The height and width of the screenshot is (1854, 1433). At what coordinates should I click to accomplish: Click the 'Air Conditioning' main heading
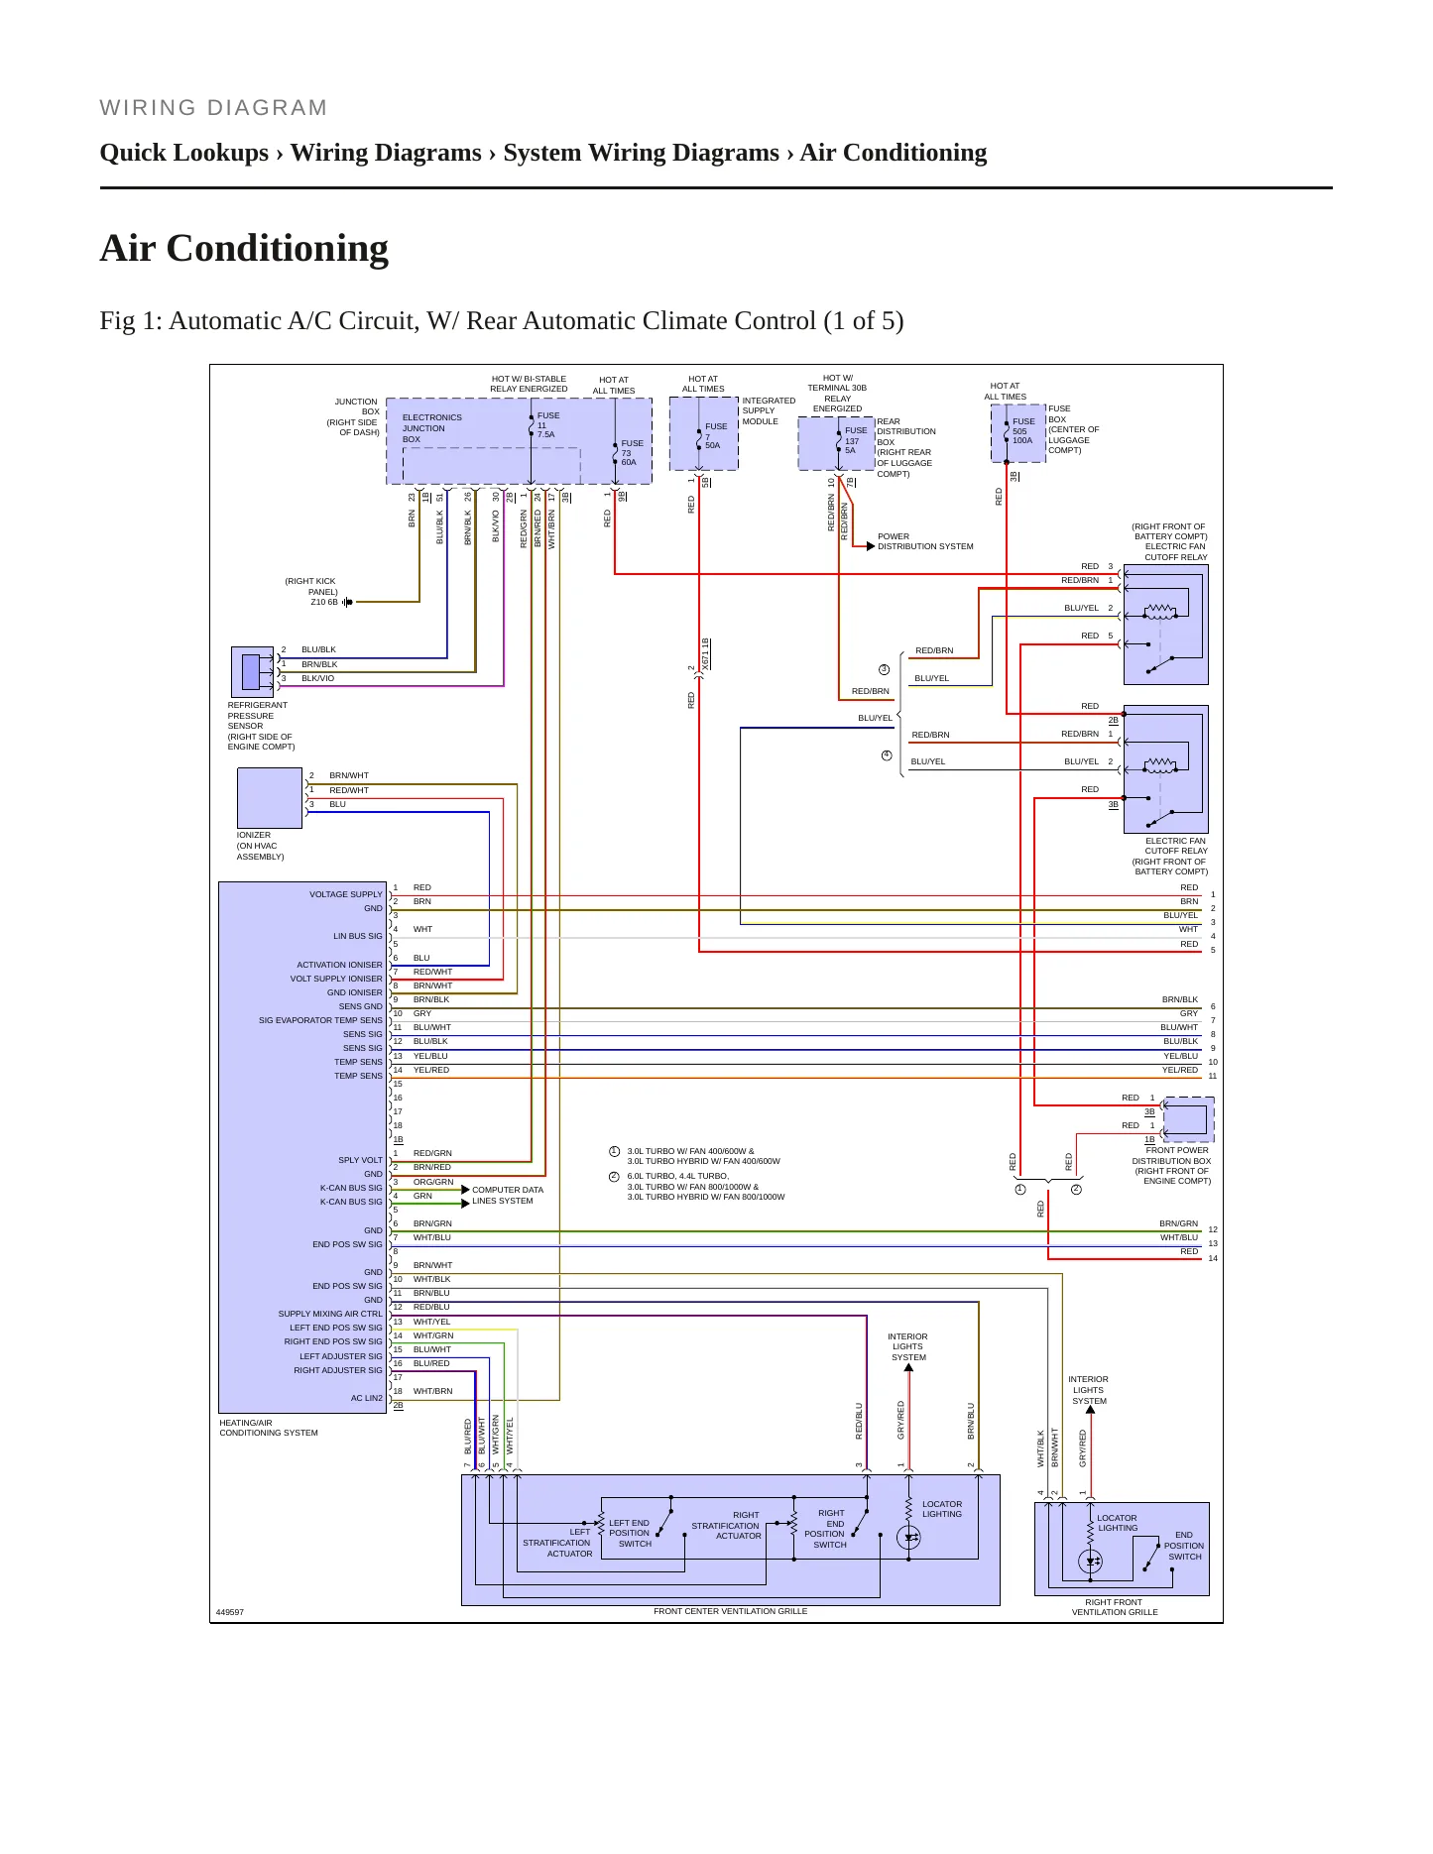pyautogui.click(x=244, y=248)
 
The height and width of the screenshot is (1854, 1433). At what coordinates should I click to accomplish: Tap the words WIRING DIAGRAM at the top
pyautogui.click(x=213, y=108)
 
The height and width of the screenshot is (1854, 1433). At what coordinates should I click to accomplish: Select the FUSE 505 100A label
pyautogui.click(x=1022, y=431)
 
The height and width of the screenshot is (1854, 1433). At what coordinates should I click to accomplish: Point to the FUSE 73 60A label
pyautogui.click(x=632, y=453)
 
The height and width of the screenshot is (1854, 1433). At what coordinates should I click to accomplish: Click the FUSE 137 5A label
pyautogui.click(x=855, y=440)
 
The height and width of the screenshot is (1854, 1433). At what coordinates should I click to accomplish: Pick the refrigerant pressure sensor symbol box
pyautogui.click(x=252, y=671)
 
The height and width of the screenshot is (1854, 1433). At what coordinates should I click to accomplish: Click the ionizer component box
pyautogui.click(x=270, y=798)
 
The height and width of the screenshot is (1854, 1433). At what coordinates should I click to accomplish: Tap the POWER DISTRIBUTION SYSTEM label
pyautogui.click(x=925, y=541)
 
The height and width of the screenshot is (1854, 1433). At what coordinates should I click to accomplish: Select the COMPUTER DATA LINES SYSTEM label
pyautogui.click(x=508, y=1195)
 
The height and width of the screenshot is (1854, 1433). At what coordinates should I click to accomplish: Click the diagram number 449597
pyautogui.click(x=230, y=1612)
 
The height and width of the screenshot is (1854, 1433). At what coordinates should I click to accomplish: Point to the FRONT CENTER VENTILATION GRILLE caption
pyautogui.click(x=730, y=1611)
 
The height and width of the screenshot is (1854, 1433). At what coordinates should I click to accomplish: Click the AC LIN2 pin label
pyautogui.click(x=366, y=1398)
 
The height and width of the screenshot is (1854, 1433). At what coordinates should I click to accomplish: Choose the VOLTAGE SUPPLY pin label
pyautogui.click(x=345, y=894)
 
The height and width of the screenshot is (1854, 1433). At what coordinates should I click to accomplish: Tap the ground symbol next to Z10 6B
pyautogui.click(x=347, y=602)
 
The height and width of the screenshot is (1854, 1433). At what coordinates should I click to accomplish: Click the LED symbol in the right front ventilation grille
pyautogui.click(x=1091, y=1562)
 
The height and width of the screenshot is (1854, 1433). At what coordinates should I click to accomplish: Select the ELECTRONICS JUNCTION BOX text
pyautogui.click(x=431, y=428)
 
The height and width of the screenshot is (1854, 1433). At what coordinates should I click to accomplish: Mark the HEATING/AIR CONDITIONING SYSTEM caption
pyautogui.click(x=269, y=1428)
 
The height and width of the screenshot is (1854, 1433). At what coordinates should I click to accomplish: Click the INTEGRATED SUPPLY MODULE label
pyautogui.click(x=769, y=410)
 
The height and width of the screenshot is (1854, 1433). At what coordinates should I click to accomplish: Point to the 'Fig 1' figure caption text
pyautogui.click(x=502, y=321)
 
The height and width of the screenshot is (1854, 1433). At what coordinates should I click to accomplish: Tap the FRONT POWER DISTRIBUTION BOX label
pyautogui.click(x=1171, y=1165)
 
